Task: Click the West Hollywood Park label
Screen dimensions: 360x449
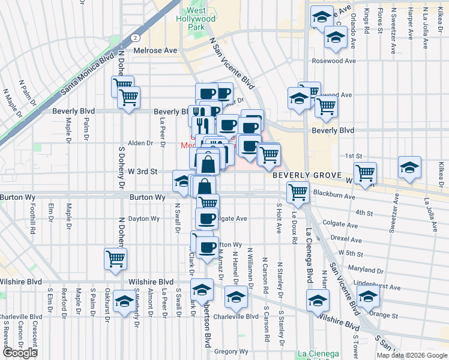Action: coord(200,19)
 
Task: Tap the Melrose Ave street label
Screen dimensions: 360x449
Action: coord(155,50)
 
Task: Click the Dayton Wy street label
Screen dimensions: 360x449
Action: coord(142,218)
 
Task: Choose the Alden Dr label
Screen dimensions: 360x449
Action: coord(141,143)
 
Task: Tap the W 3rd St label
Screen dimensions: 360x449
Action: coord(142,171)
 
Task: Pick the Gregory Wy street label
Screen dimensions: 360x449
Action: coord(231,352)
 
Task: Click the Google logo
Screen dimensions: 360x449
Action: coord(20,353)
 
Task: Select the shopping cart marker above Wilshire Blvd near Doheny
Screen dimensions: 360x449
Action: coord(115,259)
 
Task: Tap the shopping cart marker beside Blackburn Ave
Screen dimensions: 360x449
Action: coord(298,193)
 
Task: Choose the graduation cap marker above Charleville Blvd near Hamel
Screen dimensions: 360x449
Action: coord(236,296)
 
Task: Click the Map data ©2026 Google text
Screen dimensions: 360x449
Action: coord(412,355)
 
